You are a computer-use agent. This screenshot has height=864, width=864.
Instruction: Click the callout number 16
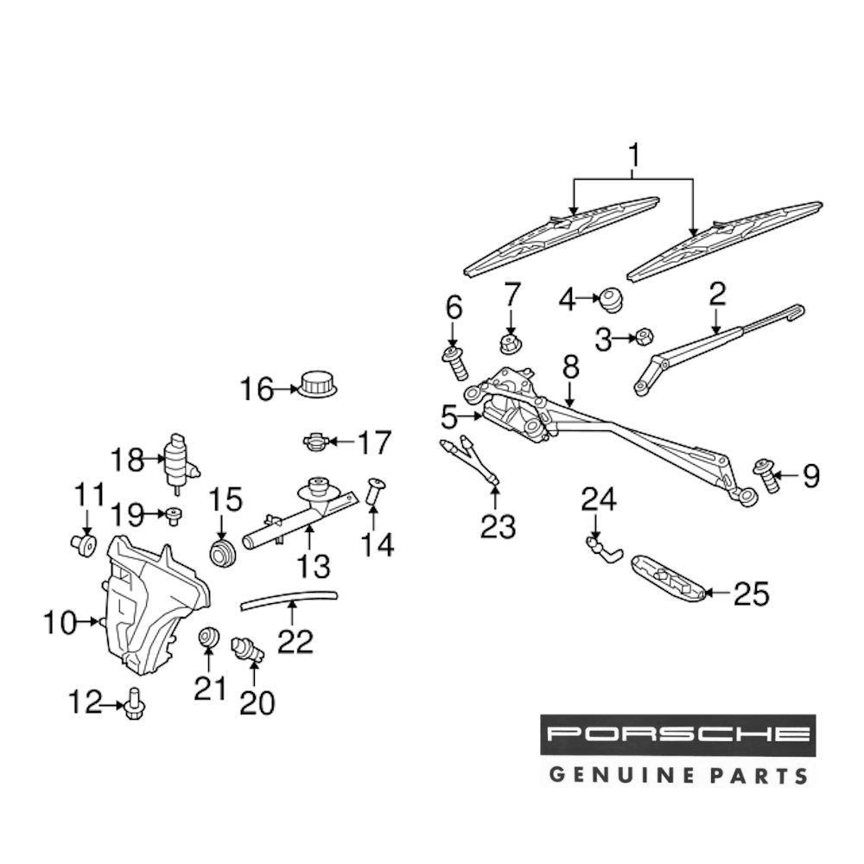(x=256, y=390)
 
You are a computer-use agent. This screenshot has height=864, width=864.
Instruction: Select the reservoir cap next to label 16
(x=317, y=382)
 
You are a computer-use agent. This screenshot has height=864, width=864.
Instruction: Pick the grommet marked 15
(x=224, y=553)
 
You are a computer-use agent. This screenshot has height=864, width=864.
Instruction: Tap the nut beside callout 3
(x=643, y=337)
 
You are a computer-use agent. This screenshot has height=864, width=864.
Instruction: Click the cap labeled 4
(x=612, y=301)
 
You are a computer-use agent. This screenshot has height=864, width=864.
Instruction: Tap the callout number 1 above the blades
(x=633, y=157)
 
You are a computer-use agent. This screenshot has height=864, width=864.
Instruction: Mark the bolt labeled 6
(x=455, y=363)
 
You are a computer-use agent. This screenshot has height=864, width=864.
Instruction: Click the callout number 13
(x=314, y=567)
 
